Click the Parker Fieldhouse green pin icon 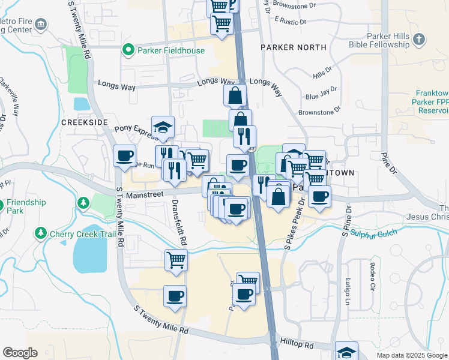(x=128, y=50)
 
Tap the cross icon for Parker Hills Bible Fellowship (x=418, y=40)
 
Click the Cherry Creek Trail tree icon (x=41, y=233)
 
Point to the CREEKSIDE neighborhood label (x=84, y=122)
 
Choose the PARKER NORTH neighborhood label (x=294, y=47)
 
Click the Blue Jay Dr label (x=318, y=95)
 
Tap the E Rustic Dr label (x=290, y=20)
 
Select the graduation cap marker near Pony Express (x=163, y=126)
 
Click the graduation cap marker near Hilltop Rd (x=346, y=351)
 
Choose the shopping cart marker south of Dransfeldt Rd (x=176, y=260)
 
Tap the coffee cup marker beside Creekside (x=124, y=155)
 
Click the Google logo (x=20, y=353)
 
